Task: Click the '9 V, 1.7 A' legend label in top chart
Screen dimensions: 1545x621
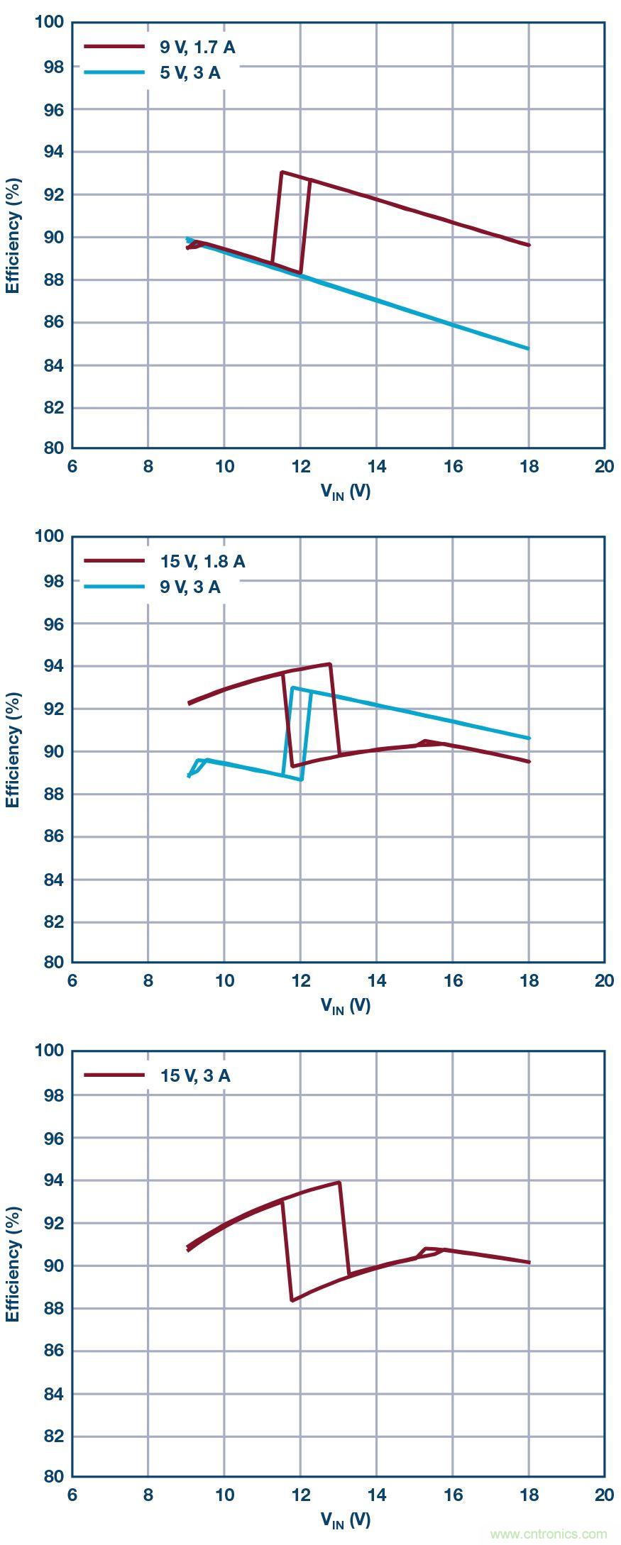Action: click(x=197, y=48)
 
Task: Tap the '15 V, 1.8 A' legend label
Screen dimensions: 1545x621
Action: click(x=202, y=562)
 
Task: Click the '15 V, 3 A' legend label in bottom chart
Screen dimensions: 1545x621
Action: click(x=195, y=1075)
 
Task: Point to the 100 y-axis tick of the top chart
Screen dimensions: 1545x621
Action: click(x=50, y=23)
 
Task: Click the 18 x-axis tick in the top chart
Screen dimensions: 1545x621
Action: click(x=529, y=466)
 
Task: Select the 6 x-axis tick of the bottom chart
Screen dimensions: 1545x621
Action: click(x=72, y=1495)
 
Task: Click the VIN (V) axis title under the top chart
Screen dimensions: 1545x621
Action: click(x=346, y=492)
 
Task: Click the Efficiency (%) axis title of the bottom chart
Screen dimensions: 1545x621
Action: click(x=12, y=1264)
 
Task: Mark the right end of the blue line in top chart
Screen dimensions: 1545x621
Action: click(x=529, y=348)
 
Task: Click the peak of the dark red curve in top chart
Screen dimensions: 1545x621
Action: click(x=282, y=172)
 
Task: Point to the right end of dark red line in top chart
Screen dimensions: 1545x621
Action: click(x=529, y=245)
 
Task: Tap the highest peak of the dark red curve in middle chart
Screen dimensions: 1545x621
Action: click(x=330, y=664)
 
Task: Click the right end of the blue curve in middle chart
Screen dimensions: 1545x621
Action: click(x=529, y=738)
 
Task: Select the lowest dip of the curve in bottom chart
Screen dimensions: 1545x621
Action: click(x=292, y=1300)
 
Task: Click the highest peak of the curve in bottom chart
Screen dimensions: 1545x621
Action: click(x=340, y=1182)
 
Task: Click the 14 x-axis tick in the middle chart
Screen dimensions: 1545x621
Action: click(x=376, y=980)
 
